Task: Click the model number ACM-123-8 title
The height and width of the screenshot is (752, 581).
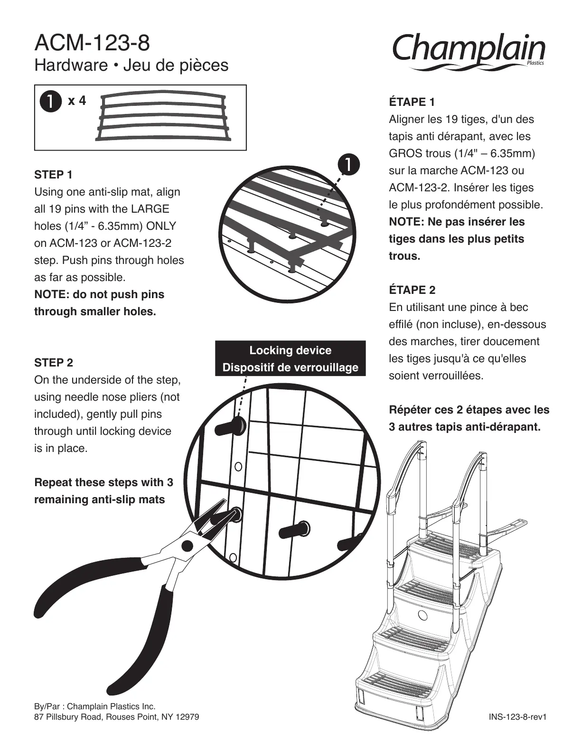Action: click(x=92, y=43)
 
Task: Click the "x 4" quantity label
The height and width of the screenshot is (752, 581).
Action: click(x=77, y=101)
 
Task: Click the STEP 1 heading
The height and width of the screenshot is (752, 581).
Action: click(x=53, y=175)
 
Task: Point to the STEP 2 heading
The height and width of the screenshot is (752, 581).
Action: click(x=54, y=363)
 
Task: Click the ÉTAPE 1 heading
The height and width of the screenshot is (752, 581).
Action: click(x=412, y=102)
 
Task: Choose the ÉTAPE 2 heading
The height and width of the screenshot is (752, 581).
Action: click(x=412, y=290)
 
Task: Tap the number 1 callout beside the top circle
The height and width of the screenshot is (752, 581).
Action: click(x=349, y=164)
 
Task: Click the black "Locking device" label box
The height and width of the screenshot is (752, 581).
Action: click(x=290, y=358)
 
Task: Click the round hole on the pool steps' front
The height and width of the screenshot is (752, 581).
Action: click(x=422, y=616)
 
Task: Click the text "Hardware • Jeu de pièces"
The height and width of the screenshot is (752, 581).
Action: click(x=131, y=66)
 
